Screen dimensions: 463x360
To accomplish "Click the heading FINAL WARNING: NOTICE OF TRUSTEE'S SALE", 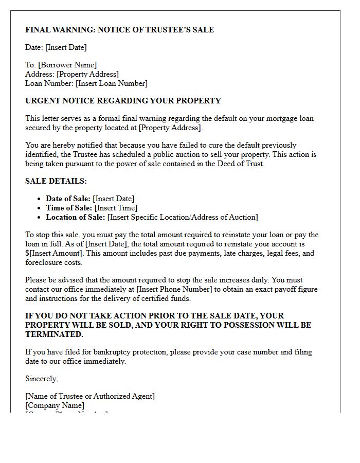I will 119,30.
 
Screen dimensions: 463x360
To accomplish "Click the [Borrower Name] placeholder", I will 67,65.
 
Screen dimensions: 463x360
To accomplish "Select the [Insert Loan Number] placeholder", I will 112,83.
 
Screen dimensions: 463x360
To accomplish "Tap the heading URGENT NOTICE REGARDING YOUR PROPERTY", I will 123,101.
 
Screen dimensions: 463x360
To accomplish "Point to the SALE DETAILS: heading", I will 56,181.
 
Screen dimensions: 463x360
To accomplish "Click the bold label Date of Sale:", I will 68,199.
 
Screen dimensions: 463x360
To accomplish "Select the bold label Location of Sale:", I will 76,217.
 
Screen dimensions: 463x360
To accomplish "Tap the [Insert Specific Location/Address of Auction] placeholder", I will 183,217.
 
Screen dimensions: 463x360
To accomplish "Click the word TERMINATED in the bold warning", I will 53,334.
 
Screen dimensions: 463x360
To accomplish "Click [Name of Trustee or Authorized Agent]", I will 90,396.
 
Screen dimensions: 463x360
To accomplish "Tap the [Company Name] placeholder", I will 55,405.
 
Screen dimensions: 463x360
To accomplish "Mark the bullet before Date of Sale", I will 40,199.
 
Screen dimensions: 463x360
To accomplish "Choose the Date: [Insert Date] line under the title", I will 56,47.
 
